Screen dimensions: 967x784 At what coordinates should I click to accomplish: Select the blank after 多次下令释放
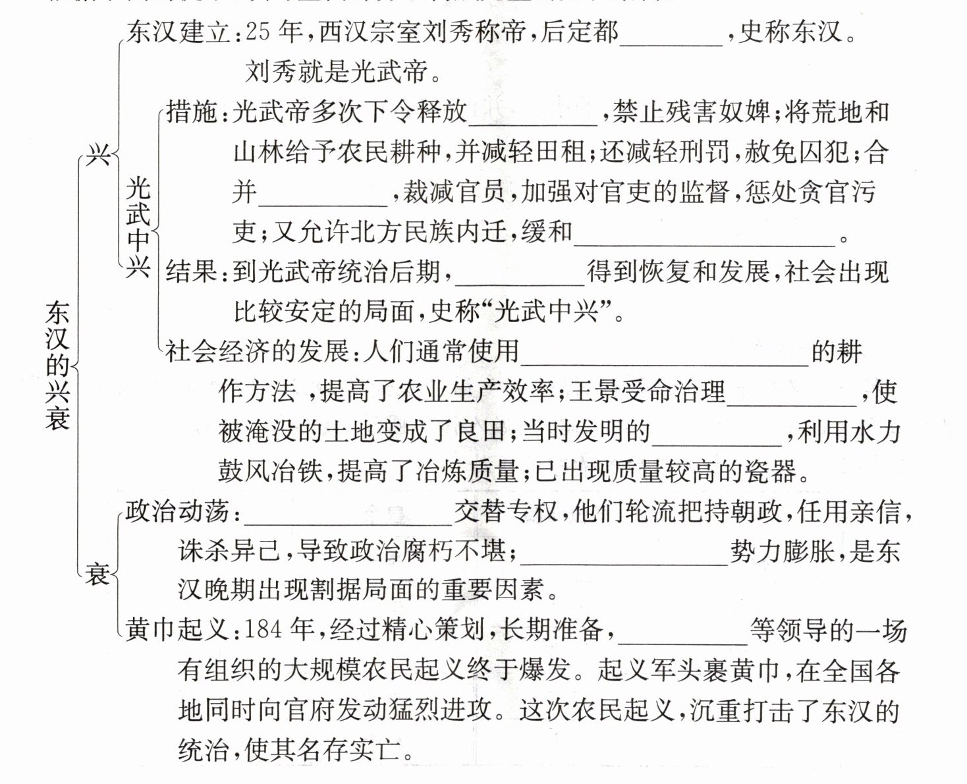click(x=532, y=115)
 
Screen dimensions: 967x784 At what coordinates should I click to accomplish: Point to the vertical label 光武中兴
click(x=138, y=227)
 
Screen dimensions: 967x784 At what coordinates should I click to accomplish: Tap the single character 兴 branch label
click(x=99, y=156)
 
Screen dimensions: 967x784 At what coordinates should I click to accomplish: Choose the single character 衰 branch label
click(x=98, y=574)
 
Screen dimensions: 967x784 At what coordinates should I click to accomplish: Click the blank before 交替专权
click(x=349, y=514)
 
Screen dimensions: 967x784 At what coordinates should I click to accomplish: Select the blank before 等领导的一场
click(x=682, y=634)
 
